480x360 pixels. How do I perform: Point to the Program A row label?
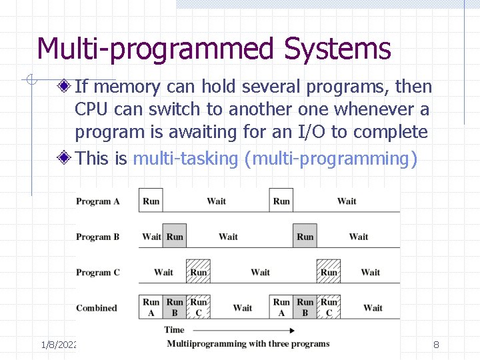coord(97,201)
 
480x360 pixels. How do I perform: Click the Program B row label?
coord(97,237)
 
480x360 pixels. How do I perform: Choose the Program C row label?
coord(97,272)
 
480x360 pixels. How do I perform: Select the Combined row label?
coord(96,308)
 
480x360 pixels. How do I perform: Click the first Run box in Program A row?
coord(151,201)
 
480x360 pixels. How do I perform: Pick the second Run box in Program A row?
coord(281,201)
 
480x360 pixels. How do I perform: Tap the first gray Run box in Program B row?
coord(175,236)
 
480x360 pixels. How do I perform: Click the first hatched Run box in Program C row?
coord(198,271)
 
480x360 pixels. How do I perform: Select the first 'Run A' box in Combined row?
coord(151,307)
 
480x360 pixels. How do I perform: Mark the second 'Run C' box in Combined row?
coord(329,307)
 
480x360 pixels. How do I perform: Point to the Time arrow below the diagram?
coord(227,329)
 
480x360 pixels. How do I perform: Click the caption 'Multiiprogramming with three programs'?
coord(248,344)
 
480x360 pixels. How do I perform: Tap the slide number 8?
coord(436,345)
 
